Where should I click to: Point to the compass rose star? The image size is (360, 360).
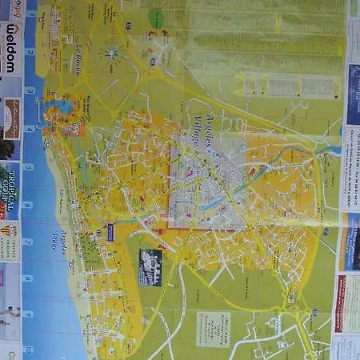point(110,54)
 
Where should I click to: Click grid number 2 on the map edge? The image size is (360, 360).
point(30,52)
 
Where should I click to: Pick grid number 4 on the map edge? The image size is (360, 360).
point(30,129)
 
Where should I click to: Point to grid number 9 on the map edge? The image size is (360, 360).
point(29,314)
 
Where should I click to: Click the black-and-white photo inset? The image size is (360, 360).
point(150,266)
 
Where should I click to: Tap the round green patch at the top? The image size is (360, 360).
point(158,18)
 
